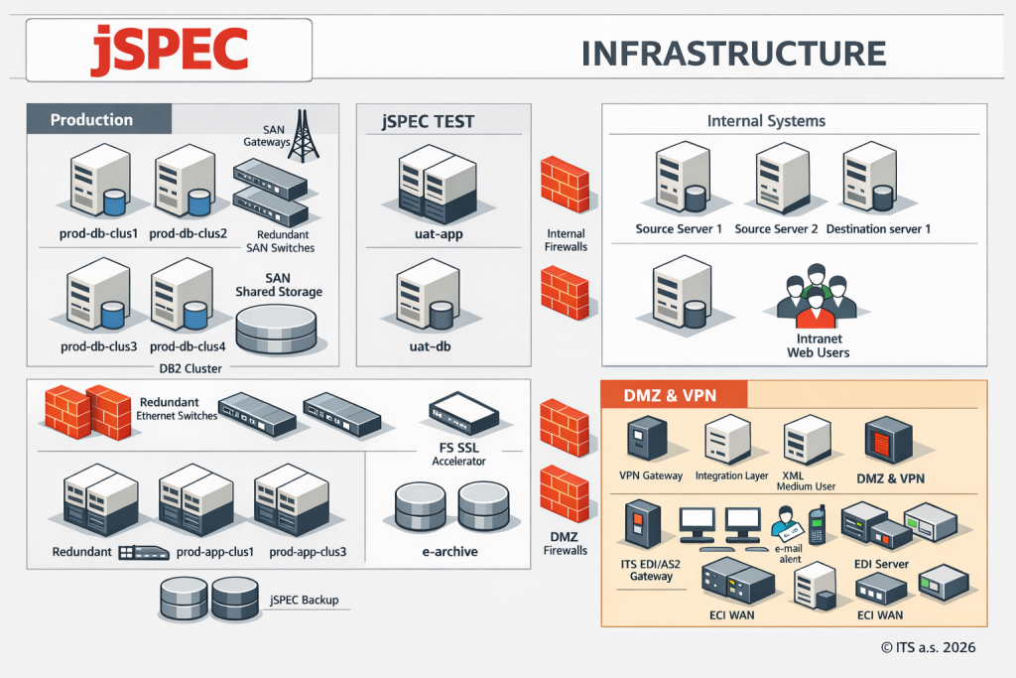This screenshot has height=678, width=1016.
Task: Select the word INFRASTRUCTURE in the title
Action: pyautogui.click(x=732, y=54)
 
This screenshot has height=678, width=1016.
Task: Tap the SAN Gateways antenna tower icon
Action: pyautogui.click(x=306, y=136)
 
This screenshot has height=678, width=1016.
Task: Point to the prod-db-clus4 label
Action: pyautogui.click(x=189, y=346)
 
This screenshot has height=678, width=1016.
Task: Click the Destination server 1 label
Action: pyautogui.click(x=878, y=229)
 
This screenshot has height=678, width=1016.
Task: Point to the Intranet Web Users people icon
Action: pyautogui.click(x=816, y=295)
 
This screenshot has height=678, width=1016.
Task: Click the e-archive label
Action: pyautogui.click(x=450, y=551)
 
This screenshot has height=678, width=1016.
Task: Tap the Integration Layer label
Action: pyautogui.click(x=732, y=476)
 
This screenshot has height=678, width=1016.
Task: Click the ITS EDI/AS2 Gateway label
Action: pyautogui.click(x=645, y=569)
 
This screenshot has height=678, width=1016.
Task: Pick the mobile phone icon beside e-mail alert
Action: pyautogui.click(x=817, y=523)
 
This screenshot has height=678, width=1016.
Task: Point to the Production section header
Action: pyautogui.click(x=91, y=120)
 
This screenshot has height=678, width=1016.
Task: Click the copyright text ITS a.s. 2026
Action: pyautogui.click(x=928, y=647)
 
